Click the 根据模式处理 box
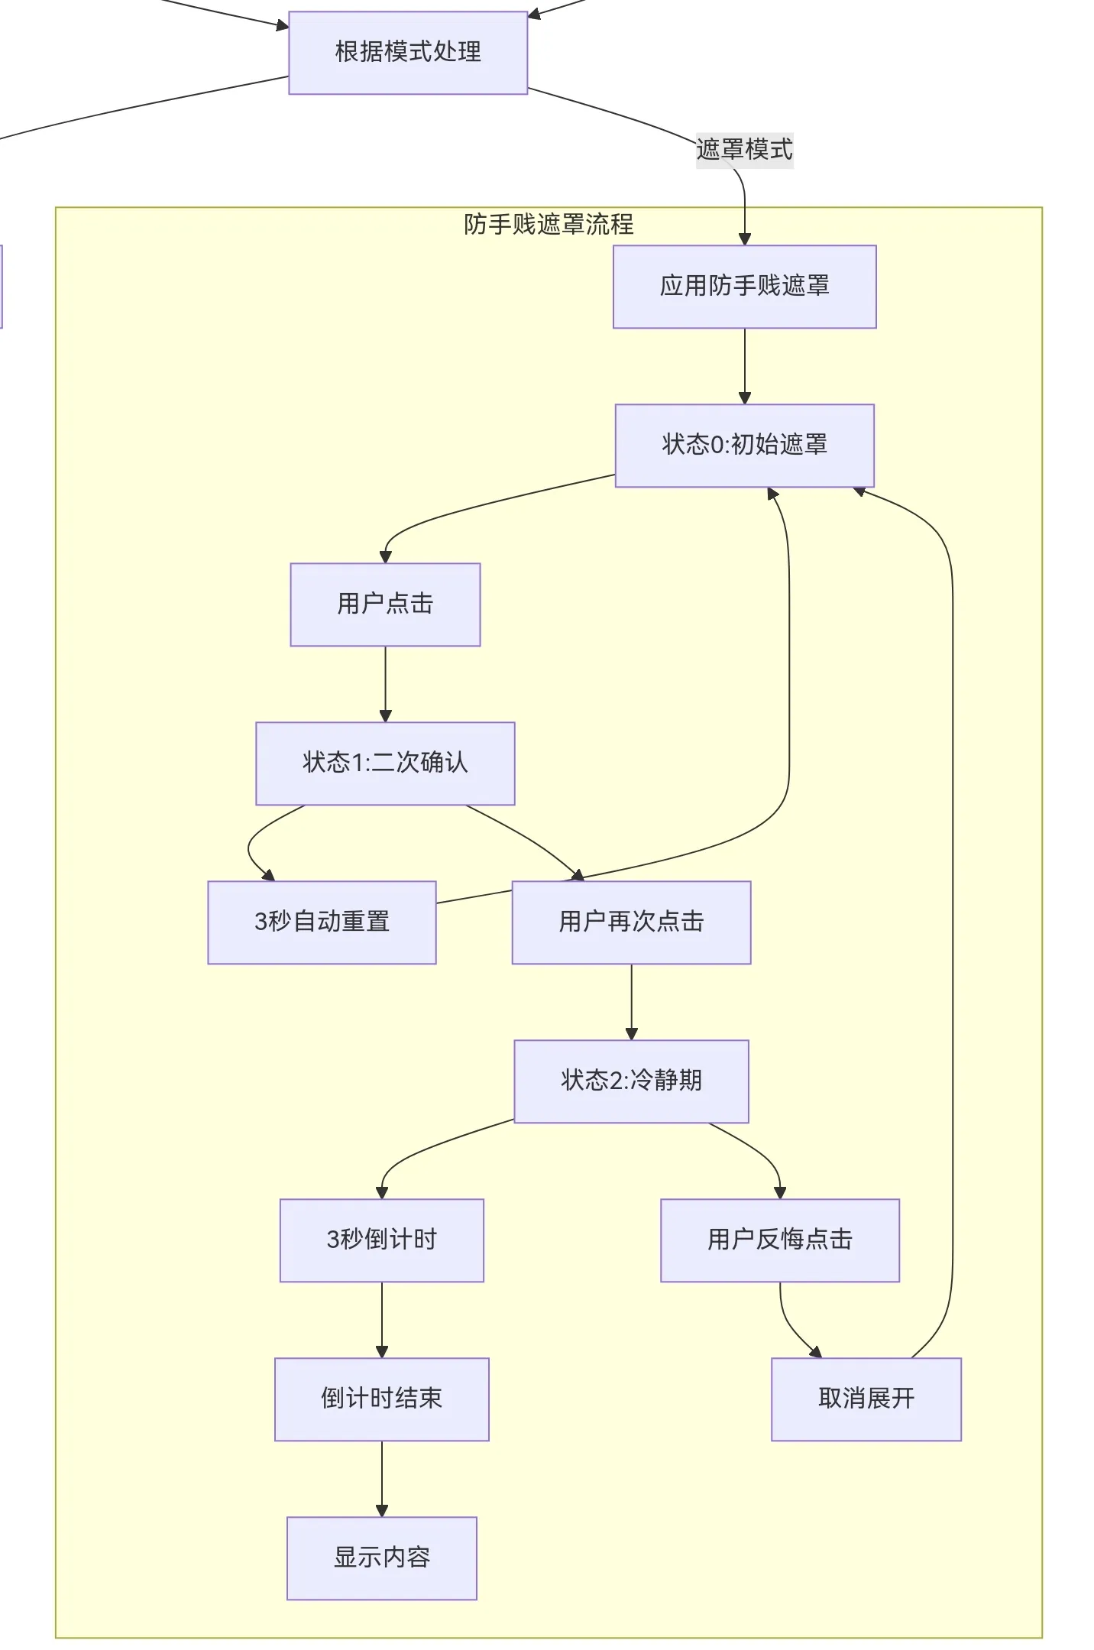408,53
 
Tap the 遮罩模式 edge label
744,149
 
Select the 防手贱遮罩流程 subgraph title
549,224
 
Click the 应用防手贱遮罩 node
744,287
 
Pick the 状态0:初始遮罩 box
744,445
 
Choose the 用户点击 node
385,605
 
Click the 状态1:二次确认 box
385,763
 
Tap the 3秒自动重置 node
322,922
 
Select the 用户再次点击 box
631,922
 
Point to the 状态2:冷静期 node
631,1081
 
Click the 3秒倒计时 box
381,1240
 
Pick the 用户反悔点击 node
779,1240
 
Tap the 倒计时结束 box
381,1399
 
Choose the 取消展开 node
866,1399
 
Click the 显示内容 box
381,1558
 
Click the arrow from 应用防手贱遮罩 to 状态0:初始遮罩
745,366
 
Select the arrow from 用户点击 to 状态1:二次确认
385,684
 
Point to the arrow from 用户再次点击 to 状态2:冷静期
631,1002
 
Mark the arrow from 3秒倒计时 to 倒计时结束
382,1320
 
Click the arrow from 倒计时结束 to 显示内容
382,1479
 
